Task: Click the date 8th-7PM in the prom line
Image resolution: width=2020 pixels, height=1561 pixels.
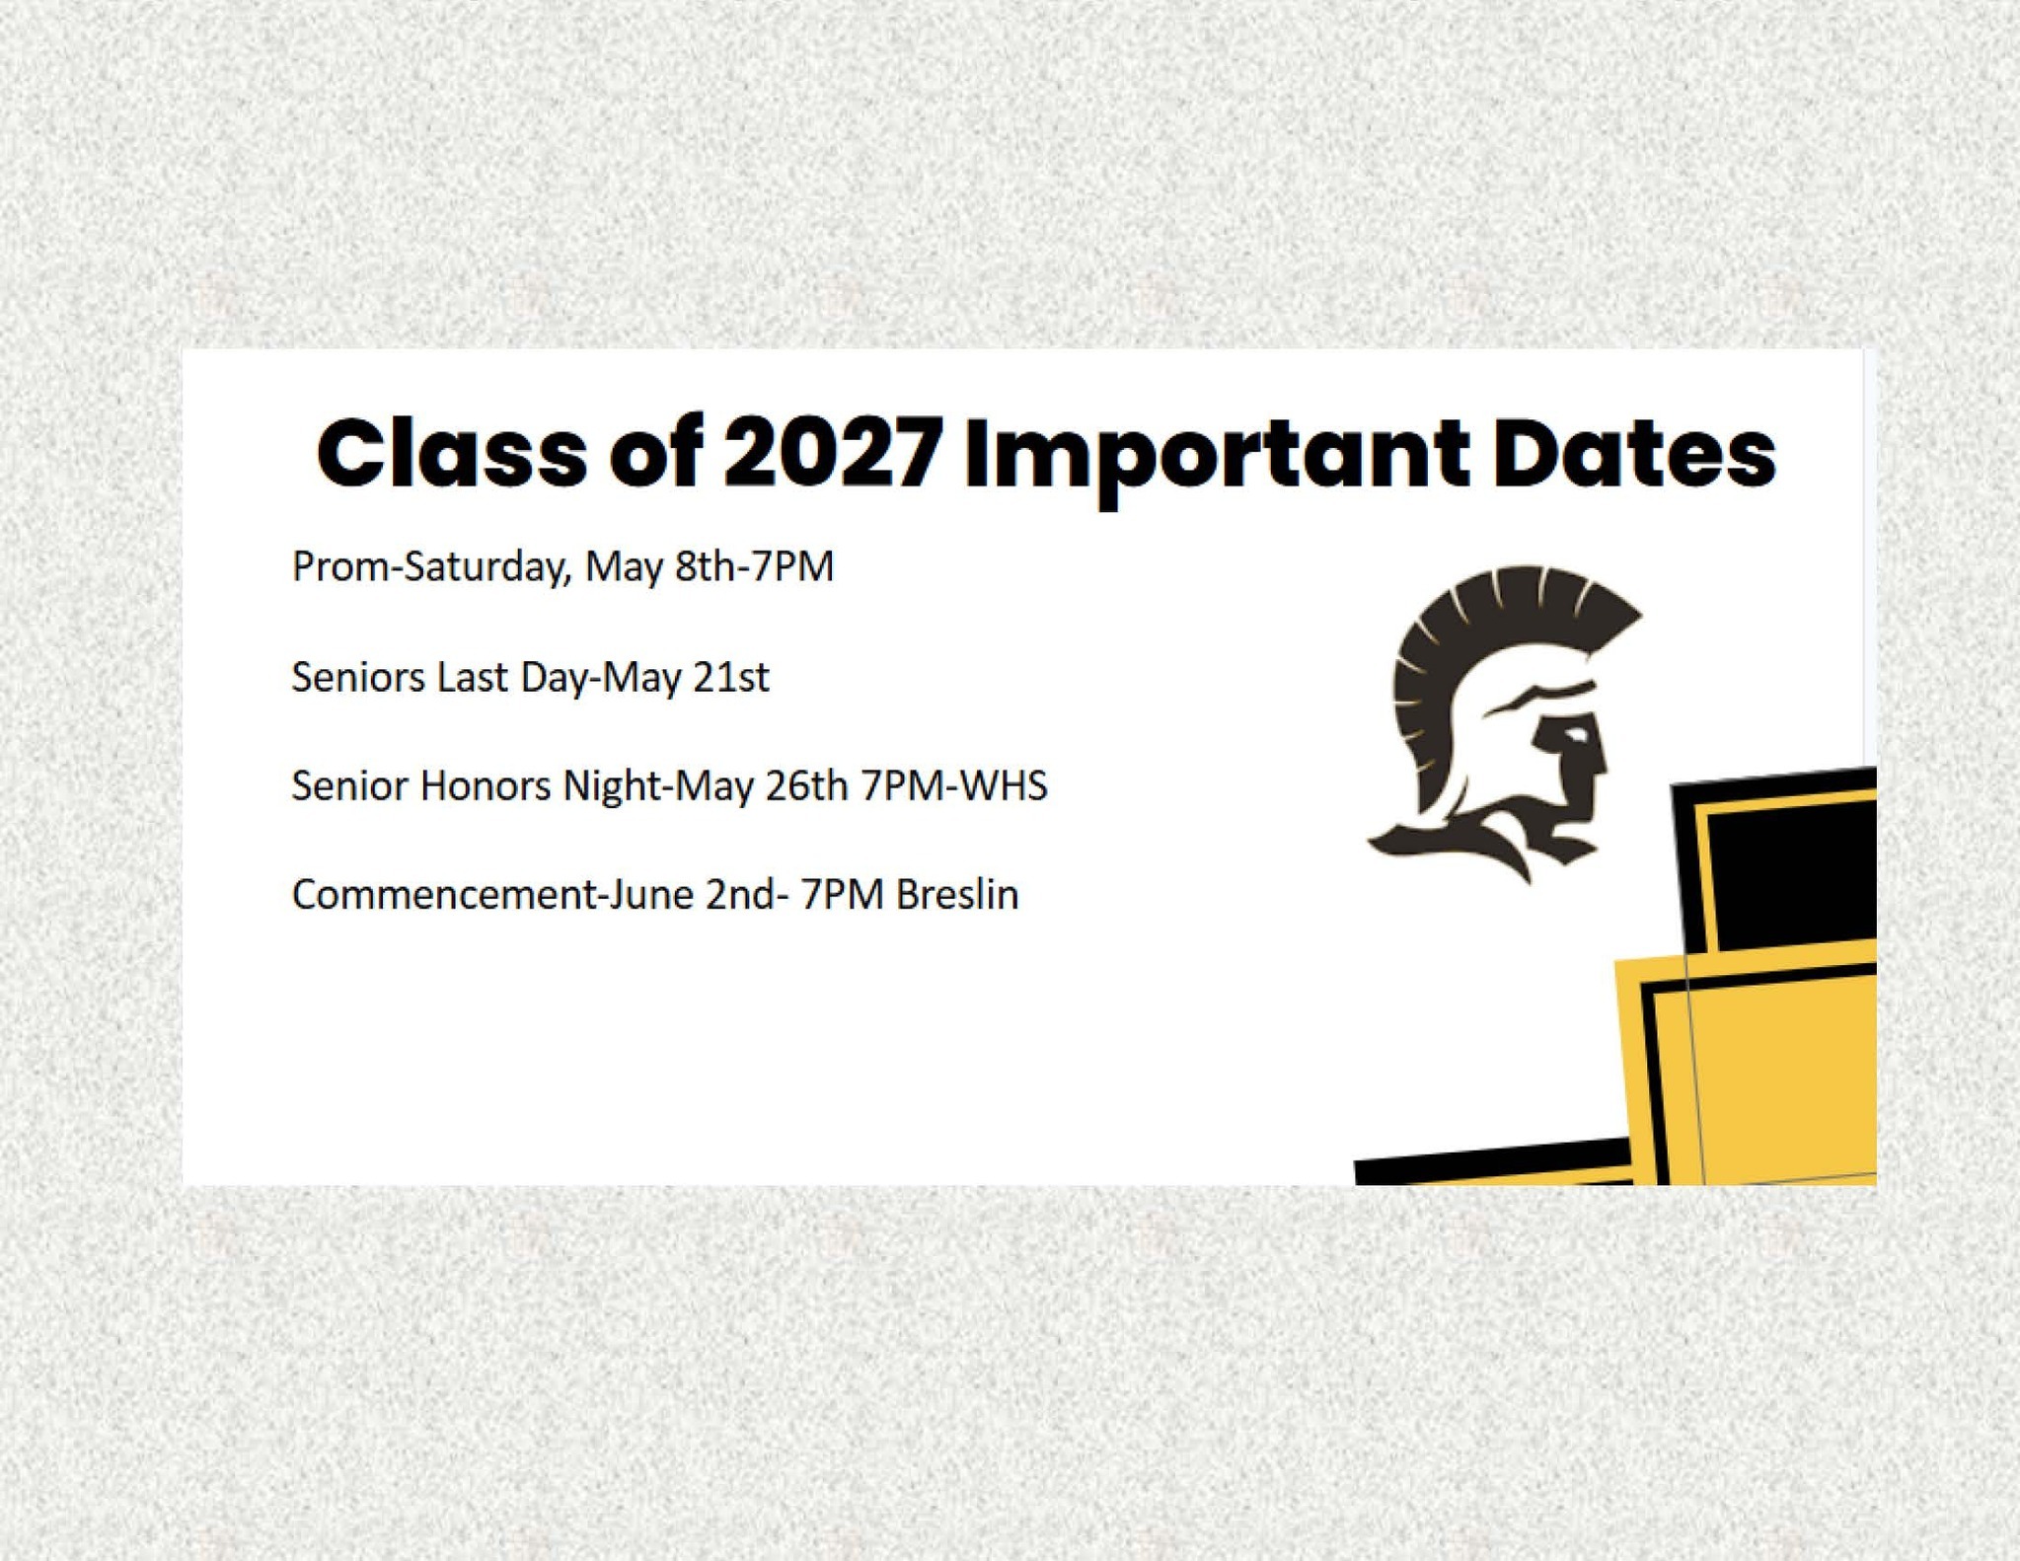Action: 754,566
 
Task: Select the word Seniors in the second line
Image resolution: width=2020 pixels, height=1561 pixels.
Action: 358,678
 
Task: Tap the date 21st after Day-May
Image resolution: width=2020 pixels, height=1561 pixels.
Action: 731,678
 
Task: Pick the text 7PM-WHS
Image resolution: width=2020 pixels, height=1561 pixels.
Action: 953,786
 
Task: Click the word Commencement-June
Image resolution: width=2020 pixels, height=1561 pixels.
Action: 492,895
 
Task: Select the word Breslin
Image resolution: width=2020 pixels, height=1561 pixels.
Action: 957,895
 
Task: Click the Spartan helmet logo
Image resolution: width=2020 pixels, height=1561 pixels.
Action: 1503,724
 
